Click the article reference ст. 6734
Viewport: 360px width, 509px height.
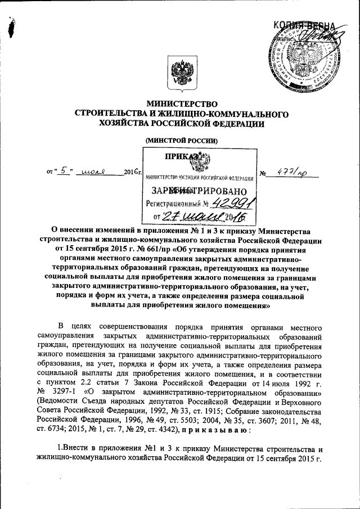(49, 428)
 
